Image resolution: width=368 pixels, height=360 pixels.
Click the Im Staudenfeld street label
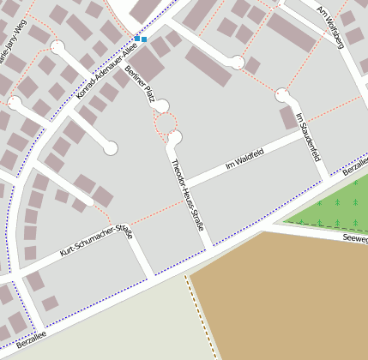(x=307, y=137)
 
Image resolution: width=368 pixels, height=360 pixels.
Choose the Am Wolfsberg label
(x=330, y=30)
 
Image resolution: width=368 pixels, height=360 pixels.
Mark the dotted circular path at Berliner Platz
(x=166, y=127)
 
